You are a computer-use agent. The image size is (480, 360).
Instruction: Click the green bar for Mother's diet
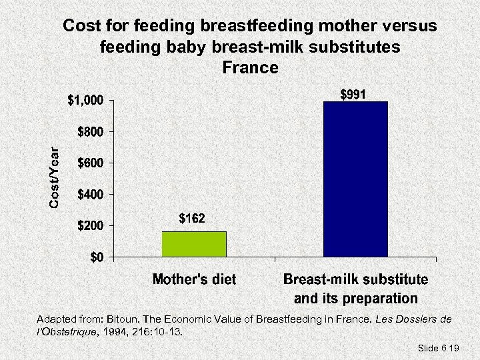(x=194, y=244)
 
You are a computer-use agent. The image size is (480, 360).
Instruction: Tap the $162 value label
(x=192, y=219)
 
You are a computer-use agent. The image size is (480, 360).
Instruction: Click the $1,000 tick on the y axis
(x=85, y=101)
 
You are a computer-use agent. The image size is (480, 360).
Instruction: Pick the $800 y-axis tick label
(x=90, y=132)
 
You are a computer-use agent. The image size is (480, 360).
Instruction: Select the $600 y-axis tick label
(x=90, y=163)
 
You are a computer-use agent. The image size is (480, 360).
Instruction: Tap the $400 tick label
(x=90, y=195)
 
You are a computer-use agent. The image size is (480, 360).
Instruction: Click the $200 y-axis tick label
(x=90, y=226)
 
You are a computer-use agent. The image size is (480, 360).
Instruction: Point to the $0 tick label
(x=97, y=258)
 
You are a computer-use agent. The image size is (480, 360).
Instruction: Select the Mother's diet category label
(x=194, y=279)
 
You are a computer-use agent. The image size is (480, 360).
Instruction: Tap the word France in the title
(x=250, y=67)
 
